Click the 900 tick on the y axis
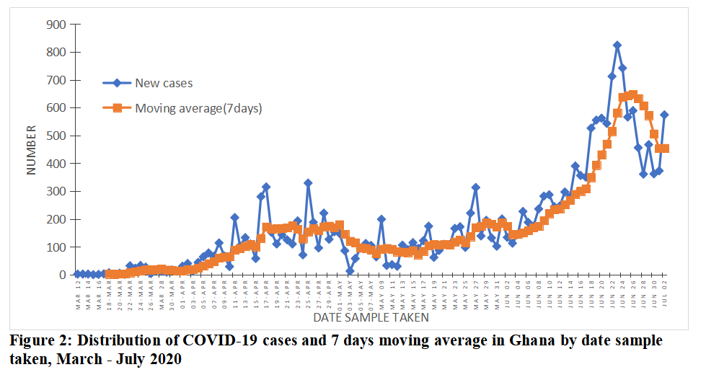pyautogui.click(x=56, y=25)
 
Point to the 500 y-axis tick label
pyautogui.click(x=56, y=136)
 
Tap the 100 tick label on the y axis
pyautogui.click(x=56, y=247)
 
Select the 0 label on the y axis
pyautogui.click(x=62, y=275)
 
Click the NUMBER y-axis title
pyautogui.click(x=32, y=150)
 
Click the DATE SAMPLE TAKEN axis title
pyautogui.click(x=371, y=317)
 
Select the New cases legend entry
pyautogui.click(x=164, y=83)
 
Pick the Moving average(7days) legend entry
pyautogui.click(x=198, y=108)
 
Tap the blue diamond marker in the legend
pyautogui.click(x=117, y=83)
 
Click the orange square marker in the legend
pyautogui.click(x=117, y=108)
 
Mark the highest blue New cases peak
pyautogui.click(x=617, y=45)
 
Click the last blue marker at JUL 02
pyautogui.click(x=664, y=115)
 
